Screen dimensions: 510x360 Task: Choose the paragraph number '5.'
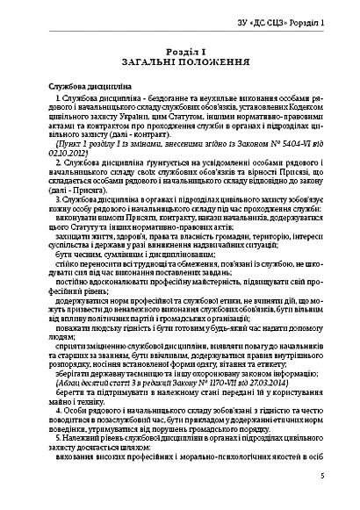click(x=58, y=437)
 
